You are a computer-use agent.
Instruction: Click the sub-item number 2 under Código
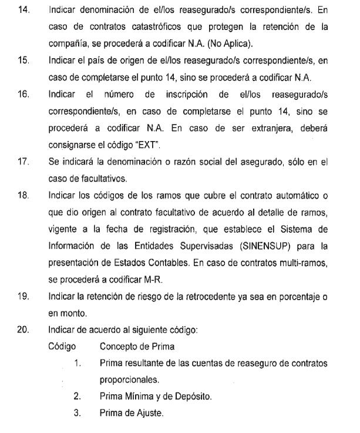tap(77, 397)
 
